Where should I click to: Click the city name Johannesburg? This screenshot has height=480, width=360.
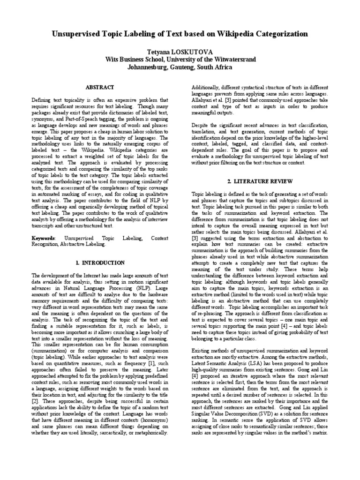148,67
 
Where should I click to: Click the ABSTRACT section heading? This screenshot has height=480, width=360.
100,87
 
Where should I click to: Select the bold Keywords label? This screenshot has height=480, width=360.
43,238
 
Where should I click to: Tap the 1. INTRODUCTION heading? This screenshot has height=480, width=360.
100,262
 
